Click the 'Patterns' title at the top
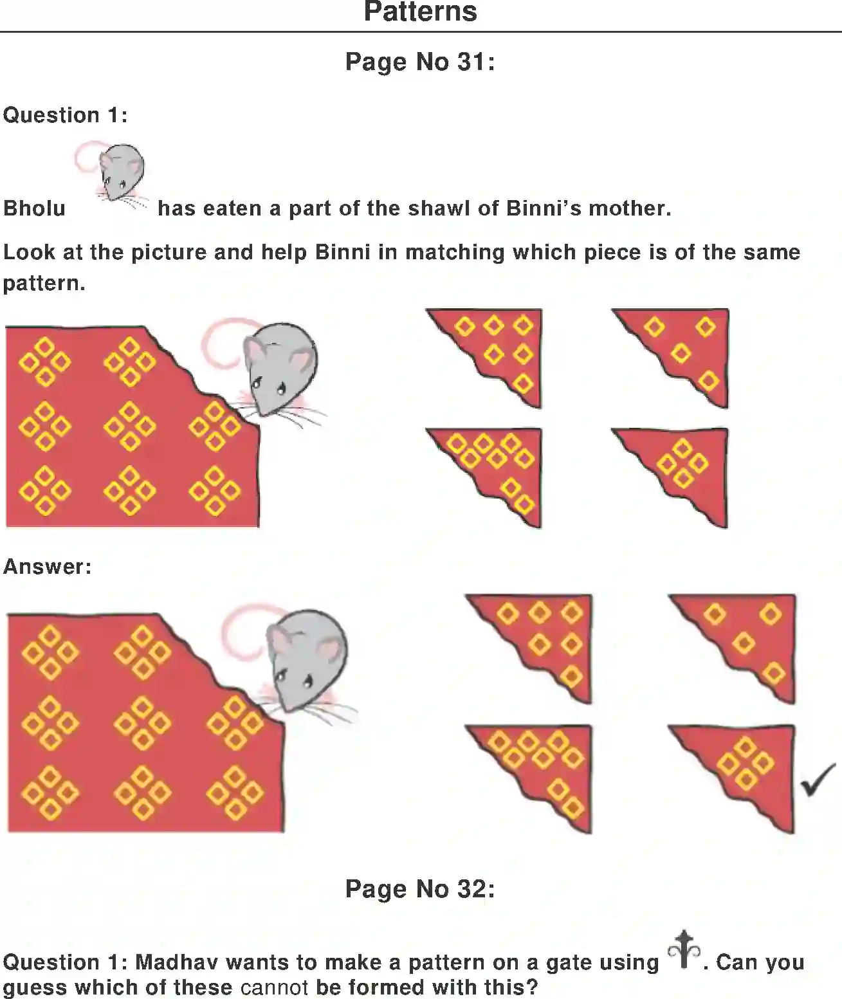coord(420,12)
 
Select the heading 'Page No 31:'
coord(420,62)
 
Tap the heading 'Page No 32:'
coord(420,888)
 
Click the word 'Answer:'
coord(47,567)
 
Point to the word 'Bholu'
coord(34,208)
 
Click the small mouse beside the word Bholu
coord(120,172)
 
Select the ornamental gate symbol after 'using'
coord(684,949)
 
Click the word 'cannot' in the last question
coord(274,987)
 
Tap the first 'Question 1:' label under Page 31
coord(65,115)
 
